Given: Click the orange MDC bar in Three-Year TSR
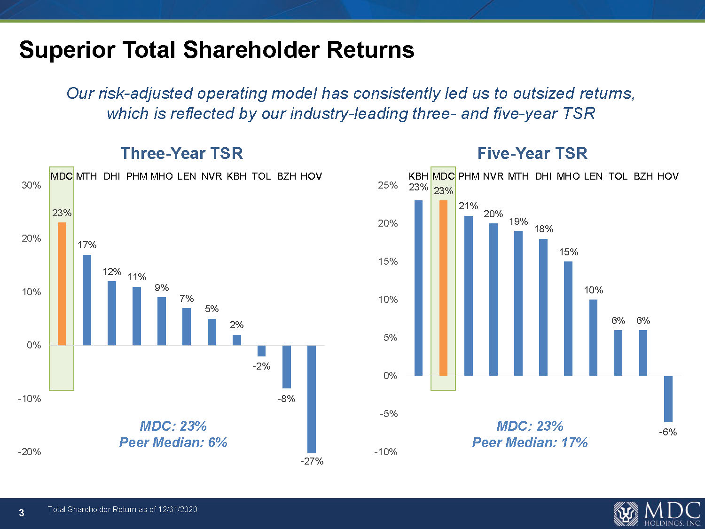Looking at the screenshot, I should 62,284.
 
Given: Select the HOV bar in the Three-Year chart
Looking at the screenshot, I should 311,399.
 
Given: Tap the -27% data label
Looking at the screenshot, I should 312,461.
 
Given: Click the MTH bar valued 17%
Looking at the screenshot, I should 87,300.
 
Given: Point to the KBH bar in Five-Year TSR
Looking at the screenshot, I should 418,288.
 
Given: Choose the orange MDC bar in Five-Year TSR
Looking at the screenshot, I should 443,288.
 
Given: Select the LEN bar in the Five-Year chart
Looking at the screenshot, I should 593,337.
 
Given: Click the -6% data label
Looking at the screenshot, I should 667,432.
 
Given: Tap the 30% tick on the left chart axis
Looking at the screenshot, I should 31,185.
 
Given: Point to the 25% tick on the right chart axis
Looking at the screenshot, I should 388,185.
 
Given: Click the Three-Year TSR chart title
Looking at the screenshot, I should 181,153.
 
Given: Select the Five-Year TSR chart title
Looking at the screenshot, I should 532,153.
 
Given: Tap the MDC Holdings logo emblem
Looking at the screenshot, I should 626,513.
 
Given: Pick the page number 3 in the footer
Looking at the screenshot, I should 21,513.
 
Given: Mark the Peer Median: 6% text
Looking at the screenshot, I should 173,442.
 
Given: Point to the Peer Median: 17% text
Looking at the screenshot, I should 530,442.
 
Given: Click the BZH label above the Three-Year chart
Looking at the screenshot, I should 286,176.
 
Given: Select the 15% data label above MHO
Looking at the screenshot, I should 568,252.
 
